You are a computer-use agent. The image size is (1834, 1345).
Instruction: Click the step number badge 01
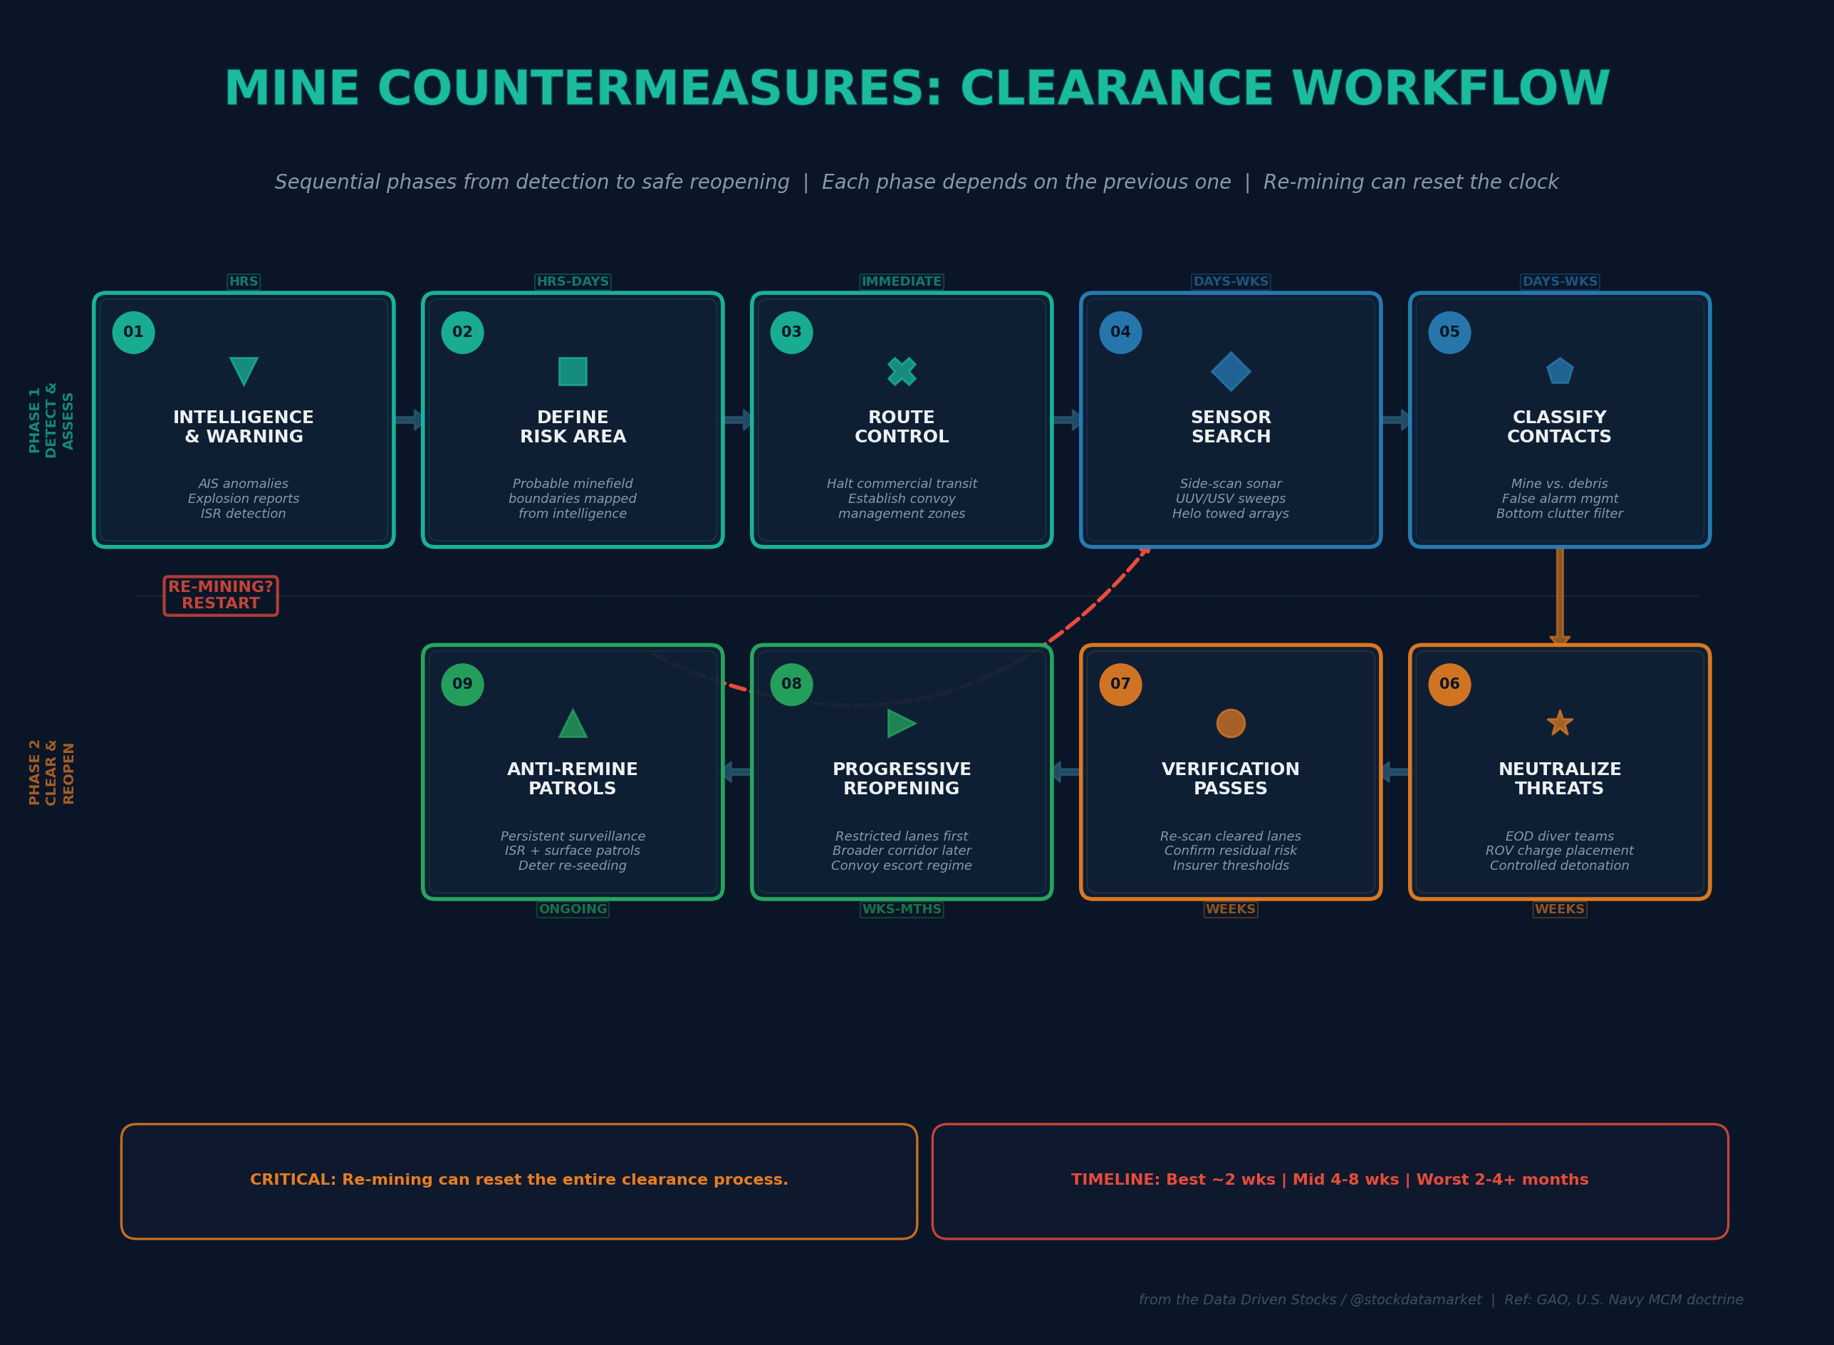(133, 332)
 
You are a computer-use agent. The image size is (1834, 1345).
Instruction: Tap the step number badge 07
(1120, 684)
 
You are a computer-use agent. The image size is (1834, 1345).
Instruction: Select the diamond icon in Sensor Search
(1231, 371)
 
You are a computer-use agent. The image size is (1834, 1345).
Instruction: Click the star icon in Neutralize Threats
(1560, 723)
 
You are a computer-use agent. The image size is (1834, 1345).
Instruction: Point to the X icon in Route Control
(902, 371)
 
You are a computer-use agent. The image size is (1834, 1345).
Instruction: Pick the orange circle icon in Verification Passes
(1231, 723)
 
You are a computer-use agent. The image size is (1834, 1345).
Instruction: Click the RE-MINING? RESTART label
(221, 595)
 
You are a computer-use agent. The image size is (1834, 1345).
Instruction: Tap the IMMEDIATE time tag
(902, 281)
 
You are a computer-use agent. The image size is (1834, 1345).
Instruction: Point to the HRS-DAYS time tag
(573, 281)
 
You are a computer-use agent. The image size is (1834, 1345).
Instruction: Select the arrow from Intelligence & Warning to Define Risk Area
(409, 420)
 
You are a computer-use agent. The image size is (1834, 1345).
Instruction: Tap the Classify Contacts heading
(1559, 427)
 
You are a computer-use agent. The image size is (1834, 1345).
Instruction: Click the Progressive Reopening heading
(902, 779)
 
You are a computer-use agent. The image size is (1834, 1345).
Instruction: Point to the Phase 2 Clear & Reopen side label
(51, 772)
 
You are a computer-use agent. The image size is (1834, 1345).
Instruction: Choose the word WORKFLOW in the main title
(1450, 90)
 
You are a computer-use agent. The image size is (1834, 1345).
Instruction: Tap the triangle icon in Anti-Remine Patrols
(573, 724)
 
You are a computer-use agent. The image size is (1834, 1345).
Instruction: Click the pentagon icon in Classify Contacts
(1560, 371)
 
